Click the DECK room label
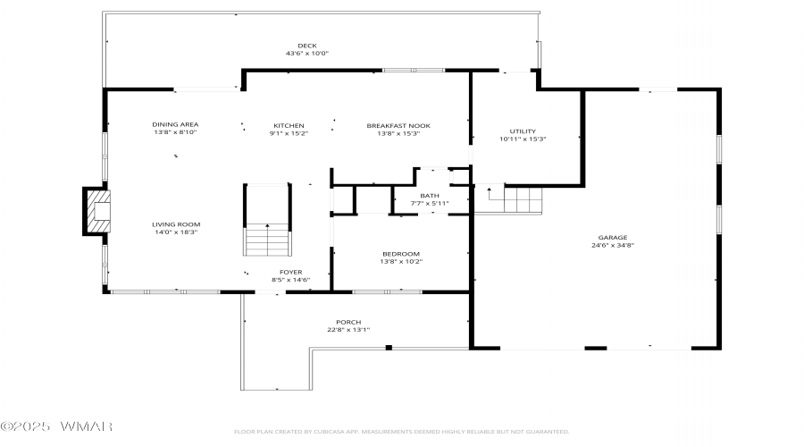(x=307, y=46)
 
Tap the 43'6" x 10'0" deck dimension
(x=307, y=54)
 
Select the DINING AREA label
(x=175, y=124)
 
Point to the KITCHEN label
(x=289, y=126)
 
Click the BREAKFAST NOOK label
(x=398, y=126)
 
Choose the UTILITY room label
(x=523, y=131)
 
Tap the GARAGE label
(x=613, y=238)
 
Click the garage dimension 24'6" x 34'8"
(x=613, y=245)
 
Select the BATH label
(x=430, y=196)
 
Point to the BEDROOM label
(x=401, y=254)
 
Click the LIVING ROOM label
(x=176, y=224)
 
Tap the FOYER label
(x=290, y=272)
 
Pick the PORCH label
(x=348, y=323)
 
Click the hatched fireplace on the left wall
(x=96, y=212)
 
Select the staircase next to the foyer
(x=267, y=220)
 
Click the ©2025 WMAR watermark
(x=56, y=426)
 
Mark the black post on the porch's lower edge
(x=389, y=348)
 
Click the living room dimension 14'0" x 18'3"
(x=176, y=232)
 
